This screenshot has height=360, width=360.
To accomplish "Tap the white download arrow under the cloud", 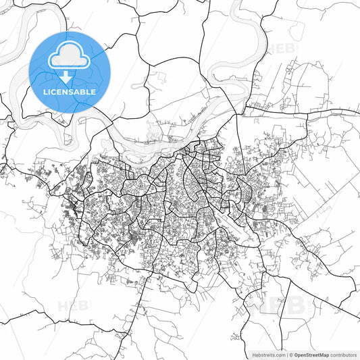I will tap(69, 79).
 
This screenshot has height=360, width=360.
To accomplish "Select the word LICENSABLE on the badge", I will tap(69, 92).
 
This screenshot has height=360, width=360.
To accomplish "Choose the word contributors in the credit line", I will tap(343, 354).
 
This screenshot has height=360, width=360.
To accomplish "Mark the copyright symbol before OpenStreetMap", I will tap(291, 354).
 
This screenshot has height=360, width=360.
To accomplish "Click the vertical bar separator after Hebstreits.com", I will tap(286, 354).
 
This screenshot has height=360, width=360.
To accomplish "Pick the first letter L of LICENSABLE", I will tap(45, 92).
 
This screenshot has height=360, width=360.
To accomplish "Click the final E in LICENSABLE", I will tap(93, 92).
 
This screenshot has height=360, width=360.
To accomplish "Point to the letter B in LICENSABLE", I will tap(82, 92).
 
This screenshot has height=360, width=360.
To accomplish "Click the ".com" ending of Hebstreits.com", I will tap(279, 354).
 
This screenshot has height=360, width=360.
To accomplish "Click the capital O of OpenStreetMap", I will tap(296, 354).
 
